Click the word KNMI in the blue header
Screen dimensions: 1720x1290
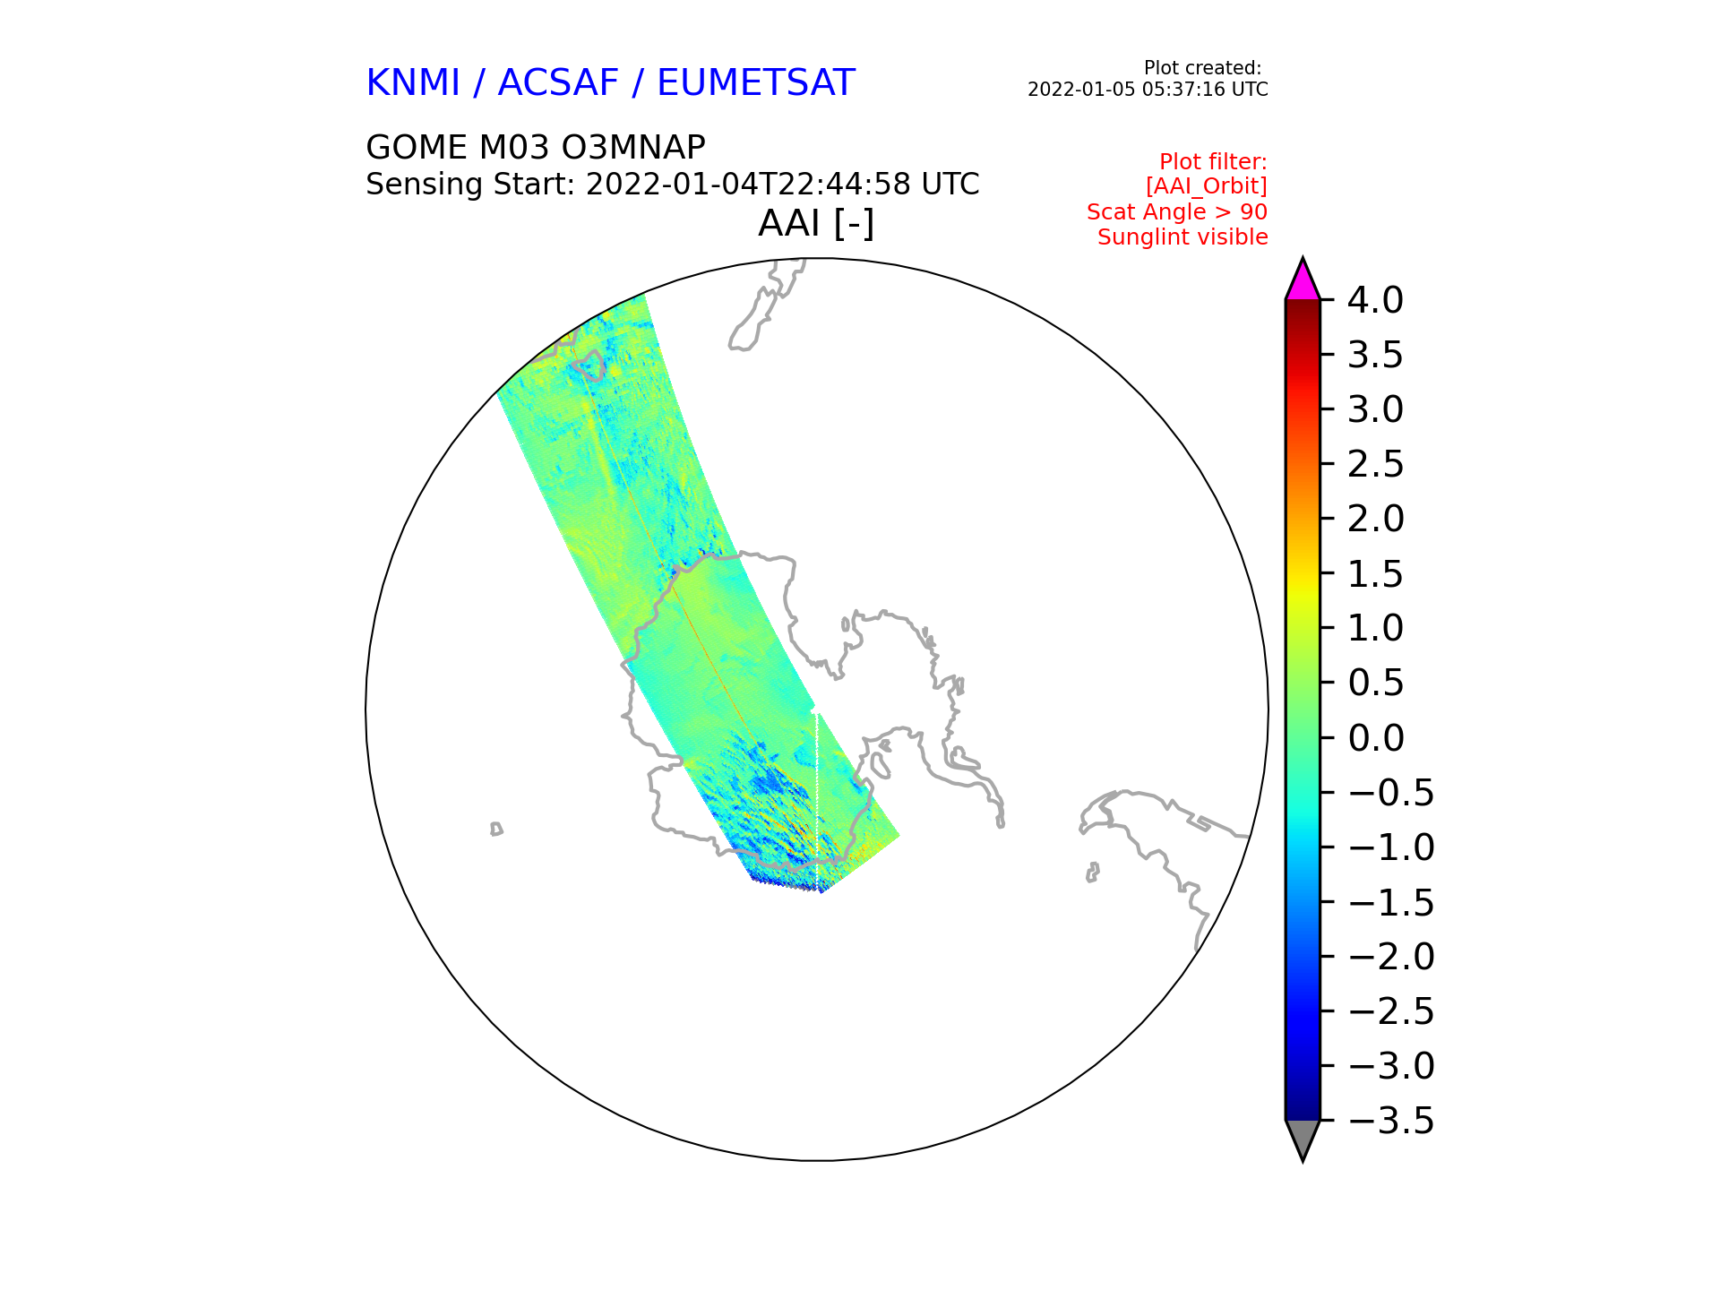[413, 83]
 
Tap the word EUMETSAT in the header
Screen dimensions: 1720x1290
[756, 83]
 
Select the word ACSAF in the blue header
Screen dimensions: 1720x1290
[558, 83]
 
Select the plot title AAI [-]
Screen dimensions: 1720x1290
[816, 224]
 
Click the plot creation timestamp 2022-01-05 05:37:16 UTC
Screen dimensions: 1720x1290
[1148, 90]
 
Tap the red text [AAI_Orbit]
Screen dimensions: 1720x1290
[1207, 186]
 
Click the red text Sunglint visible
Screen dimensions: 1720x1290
[1182, 237]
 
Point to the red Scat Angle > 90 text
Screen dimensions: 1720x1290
[1177, 212]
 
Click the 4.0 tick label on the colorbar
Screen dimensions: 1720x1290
[1375, 300]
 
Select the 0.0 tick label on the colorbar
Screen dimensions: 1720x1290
[1375, 738]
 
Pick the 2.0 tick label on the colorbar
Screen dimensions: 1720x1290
[1375, 519]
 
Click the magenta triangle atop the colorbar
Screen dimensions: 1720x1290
[1303, 283]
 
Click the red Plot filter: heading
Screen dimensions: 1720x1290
[1213, 162]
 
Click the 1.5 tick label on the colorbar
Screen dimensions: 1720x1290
[1375, 574]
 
